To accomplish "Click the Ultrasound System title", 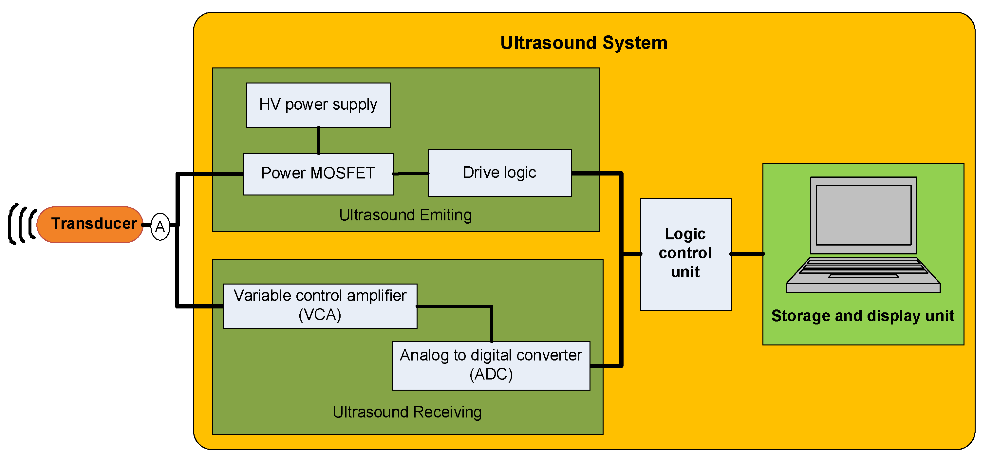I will [x=583, y=43].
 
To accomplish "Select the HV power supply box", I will [x=318, y=105].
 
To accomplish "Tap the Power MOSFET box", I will [x=318, y=174].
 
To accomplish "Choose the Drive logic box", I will [x=499, y=173].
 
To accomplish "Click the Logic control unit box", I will [x=685, y=254].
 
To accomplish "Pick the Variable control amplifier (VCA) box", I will [x=320, y=306].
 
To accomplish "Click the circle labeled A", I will [x=160, y=227].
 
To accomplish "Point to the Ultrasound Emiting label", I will [x=405, y=215].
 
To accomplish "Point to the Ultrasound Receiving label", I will [x=407, y=412].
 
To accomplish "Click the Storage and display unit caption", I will [x=862, y=316].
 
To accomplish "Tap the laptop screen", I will [x=863, y=215].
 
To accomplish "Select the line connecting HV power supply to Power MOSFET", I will [x=318, y=140].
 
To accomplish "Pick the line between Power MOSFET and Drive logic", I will [x=410, y=174].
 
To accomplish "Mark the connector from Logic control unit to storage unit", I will [x=747, y=254].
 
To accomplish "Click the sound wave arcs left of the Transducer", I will [x=22, y=224].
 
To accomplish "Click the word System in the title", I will [x=635, y=43].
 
